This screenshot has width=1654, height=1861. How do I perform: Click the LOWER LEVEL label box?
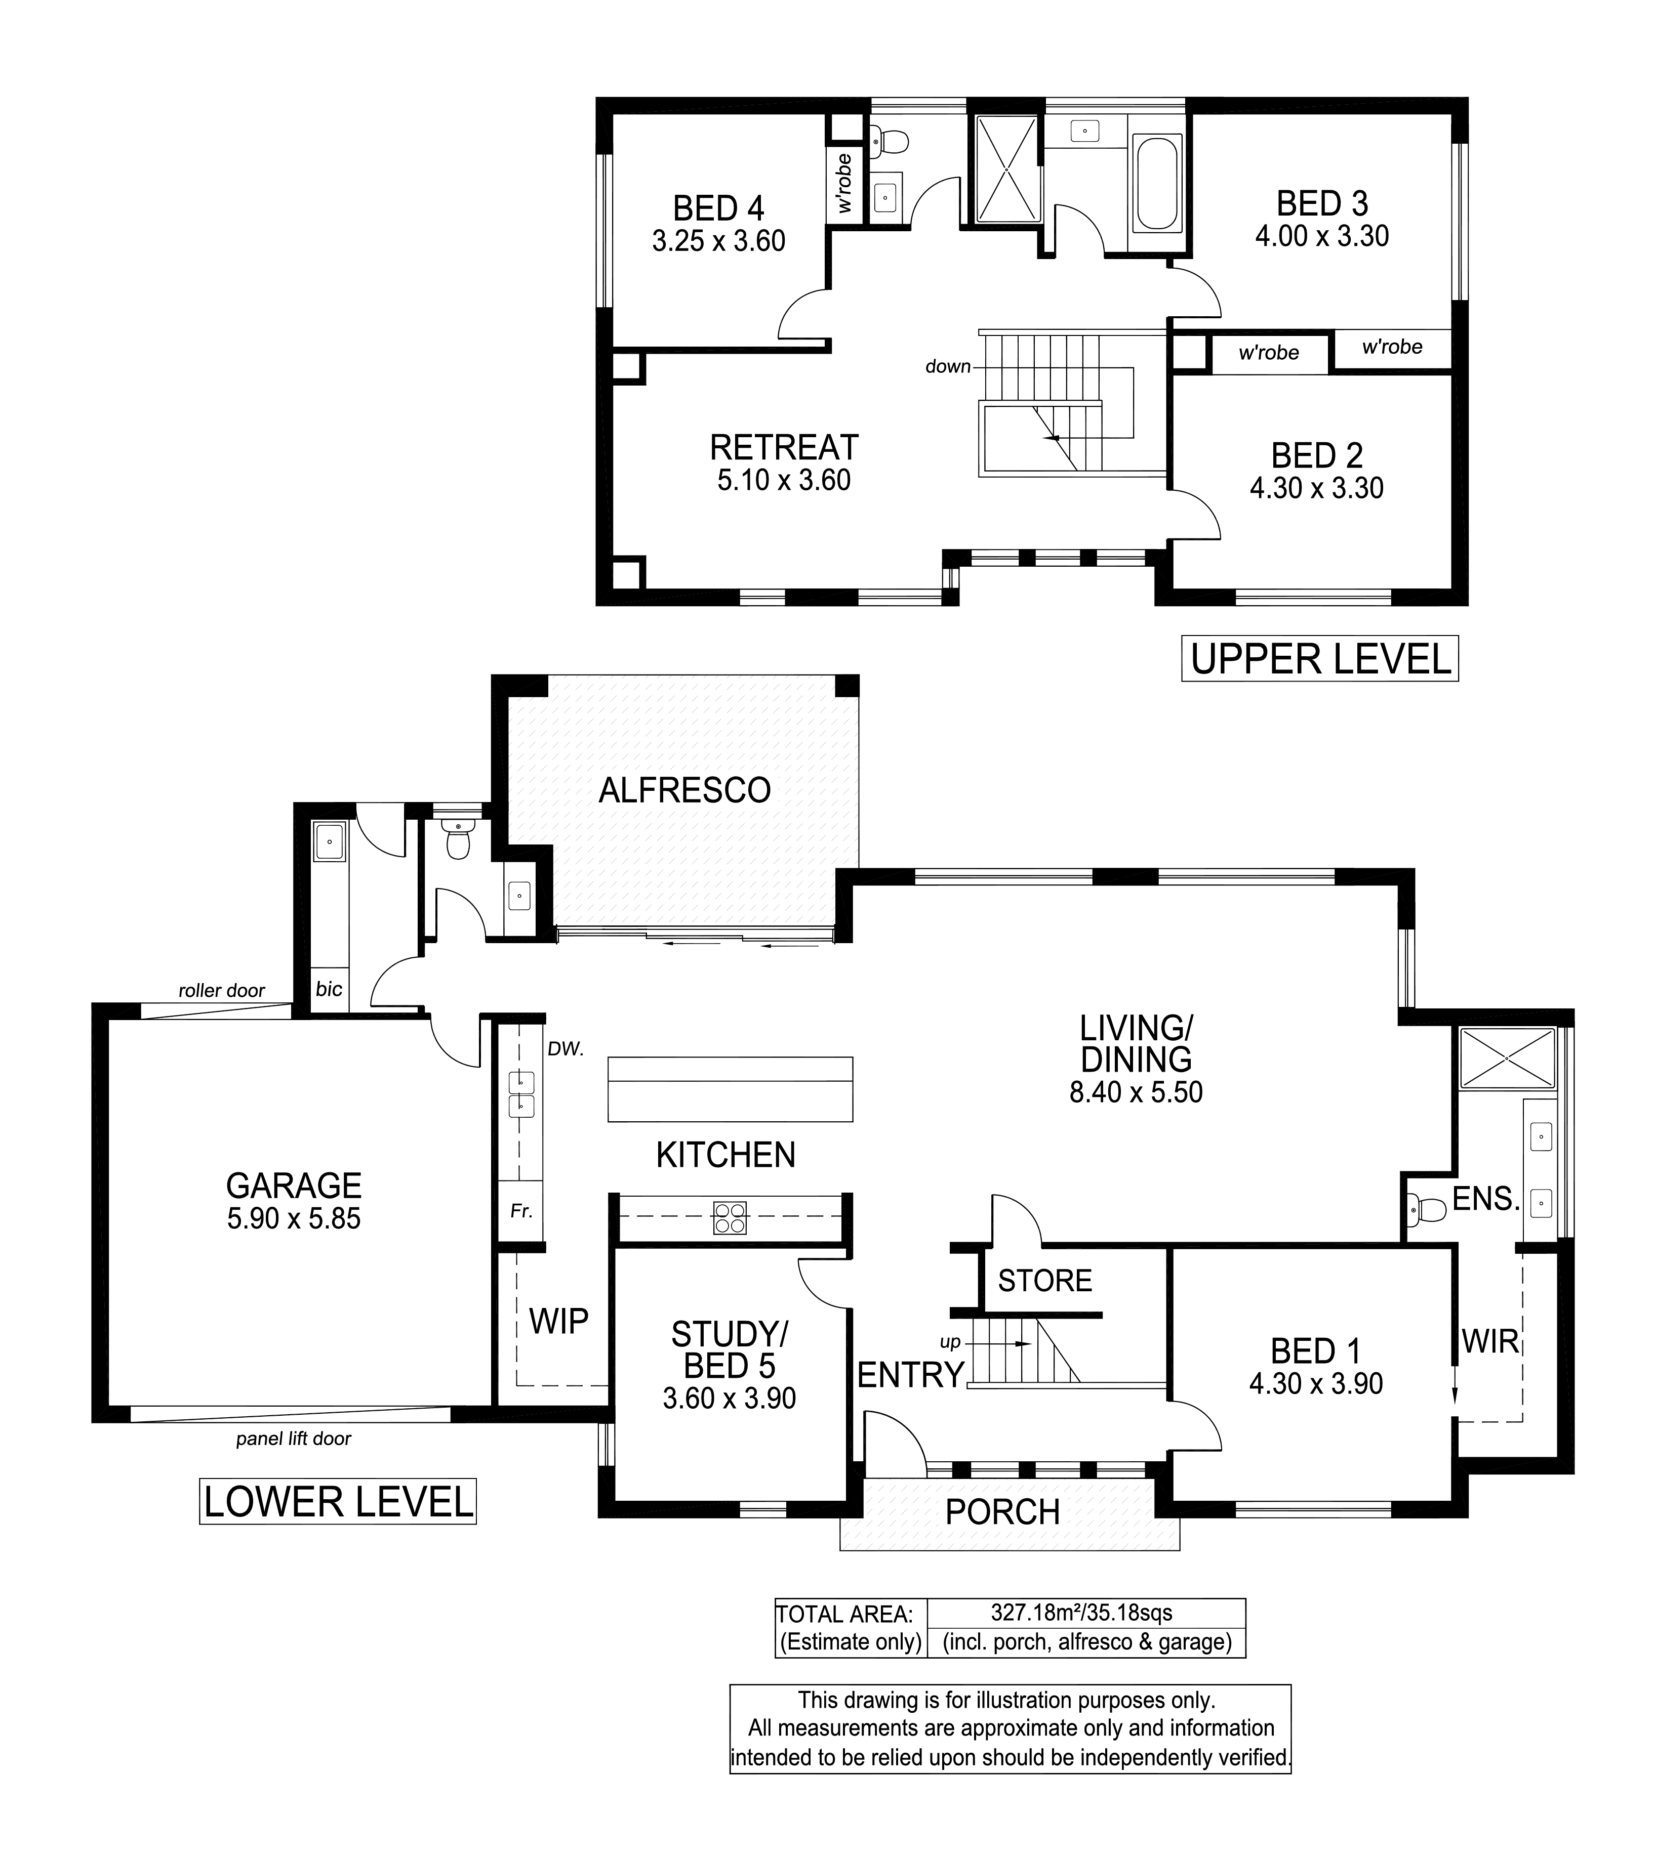pos(338,1501)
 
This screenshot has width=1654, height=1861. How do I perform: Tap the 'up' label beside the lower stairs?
pos(950,1342)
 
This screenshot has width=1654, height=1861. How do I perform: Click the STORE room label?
pos(1044,1281)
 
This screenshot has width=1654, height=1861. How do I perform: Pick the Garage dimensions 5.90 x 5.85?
pos(294,1218)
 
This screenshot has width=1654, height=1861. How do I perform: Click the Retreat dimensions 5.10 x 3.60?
pos(784,480)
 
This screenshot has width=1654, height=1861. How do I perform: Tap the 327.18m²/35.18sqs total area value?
pos(1082,1613)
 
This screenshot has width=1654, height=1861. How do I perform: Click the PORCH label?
pos(1003,1512)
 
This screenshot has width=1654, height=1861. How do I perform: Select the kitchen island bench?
pos(731,1089)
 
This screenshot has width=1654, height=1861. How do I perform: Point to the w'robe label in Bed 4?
pos(844,184)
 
